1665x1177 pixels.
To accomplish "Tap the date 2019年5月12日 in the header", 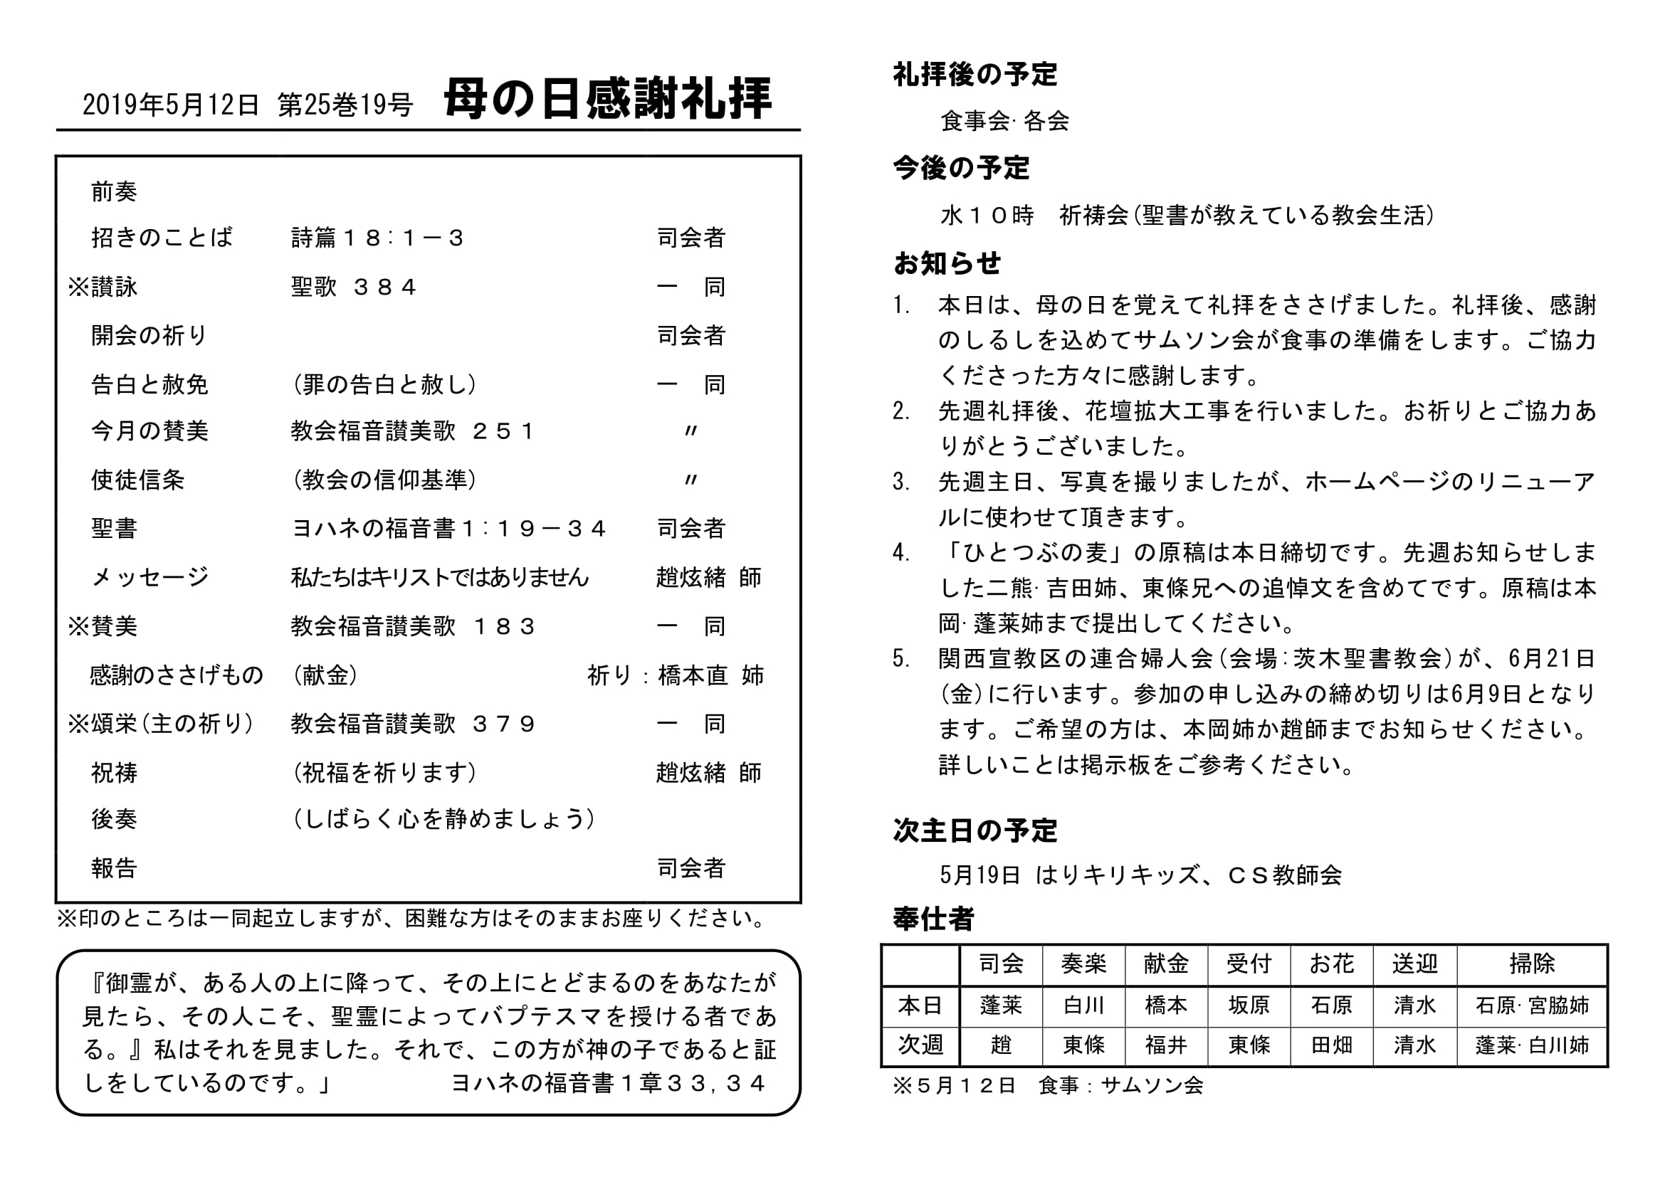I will (170, 106).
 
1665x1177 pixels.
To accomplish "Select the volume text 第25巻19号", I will (345, 106).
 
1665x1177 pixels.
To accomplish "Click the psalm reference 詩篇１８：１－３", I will (377, 238).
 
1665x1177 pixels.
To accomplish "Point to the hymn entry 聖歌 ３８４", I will (354, 287).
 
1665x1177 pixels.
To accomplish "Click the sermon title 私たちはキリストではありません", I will (439, 578).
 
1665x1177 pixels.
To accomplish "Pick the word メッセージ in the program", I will (150, 578).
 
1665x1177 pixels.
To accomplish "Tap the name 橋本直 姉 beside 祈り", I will (710, 675).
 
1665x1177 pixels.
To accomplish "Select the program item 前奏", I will (114, 192).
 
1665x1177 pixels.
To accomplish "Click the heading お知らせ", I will (947, 263).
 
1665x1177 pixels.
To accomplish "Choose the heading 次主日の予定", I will (975, 830).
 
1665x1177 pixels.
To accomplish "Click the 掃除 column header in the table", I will (1532, 964).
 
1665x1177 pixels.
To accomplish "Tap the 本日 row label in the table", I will (920, 1006).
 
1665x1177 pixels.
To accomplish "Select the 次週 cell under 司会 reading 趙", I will (1001, 1045).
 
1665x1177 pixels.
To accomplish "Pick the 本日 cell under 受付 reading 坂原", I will (1249, 1006).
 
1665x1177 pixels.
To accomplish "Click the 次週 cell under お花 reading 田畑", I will (1331, 1045).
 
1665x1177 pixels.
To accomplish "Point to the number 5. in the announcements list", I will (902, 659).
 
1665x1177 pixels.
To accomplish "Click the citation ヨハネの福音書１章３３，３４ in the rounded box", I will (608, 1083).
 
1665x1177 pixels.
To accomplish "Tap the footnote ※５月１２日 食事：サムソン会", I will (1048, 1086).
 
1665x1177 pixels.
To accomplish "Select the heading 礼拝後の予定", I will (975, 74).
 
